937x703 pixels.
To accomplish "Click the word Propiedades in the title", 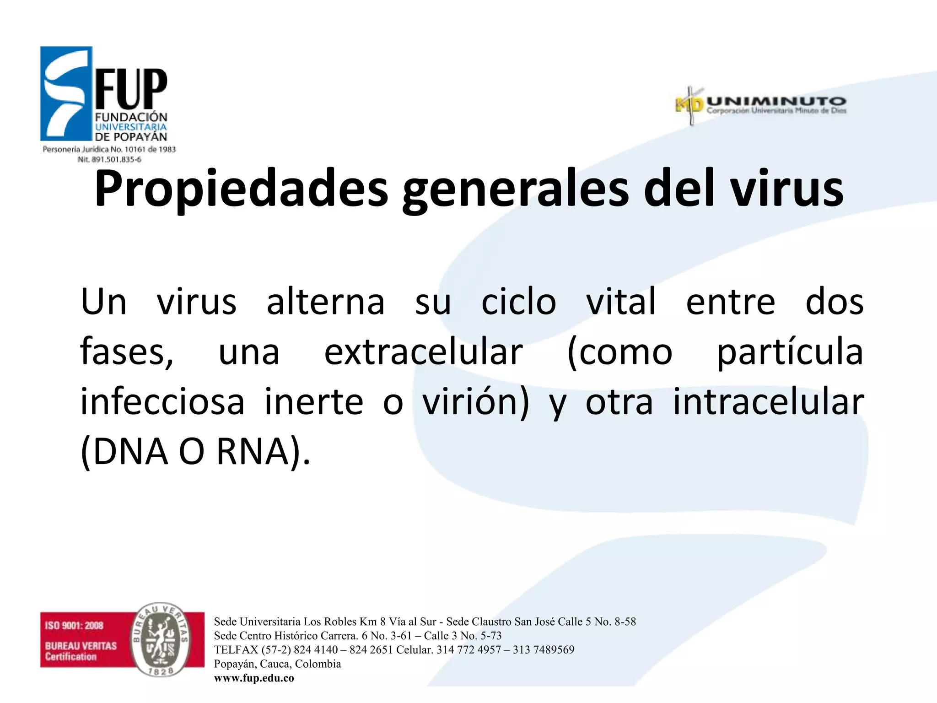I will tap(241, 189).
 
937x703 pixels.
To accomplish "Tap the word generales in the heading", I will tap(516, 189).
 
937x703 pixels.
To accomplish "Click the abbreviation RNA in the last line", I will tap(253, 452).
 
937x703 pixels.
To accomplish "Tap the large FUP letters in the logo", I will tap(131, 89).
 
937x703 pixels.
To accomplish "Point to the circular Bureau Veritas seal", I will tap(160, 640).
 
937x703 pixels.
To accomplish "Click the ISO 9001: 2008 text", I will tap(74, 626).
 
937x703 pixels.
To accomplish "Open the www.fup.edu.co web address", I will tap(254, 678).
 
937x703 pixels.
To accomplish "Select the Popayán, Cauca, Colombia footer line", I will tap(277, 664).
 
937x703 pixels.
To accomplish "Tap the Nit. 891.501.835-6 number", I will tap(109, 159).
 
